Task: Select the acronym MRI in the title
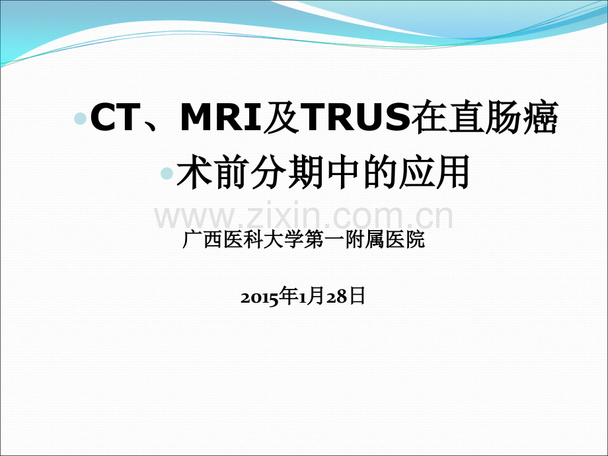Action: point(222,117)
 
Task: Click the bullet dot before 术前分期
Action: point(167,173)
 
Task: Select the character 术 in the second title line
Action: point(194,172)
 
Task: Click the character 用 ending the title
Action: point(453,172)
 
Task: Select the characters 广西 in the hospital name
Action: point(202,240)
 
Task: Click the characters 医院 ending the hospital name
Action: point(405,240)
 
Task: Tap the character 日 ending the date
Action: point(357,296)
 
